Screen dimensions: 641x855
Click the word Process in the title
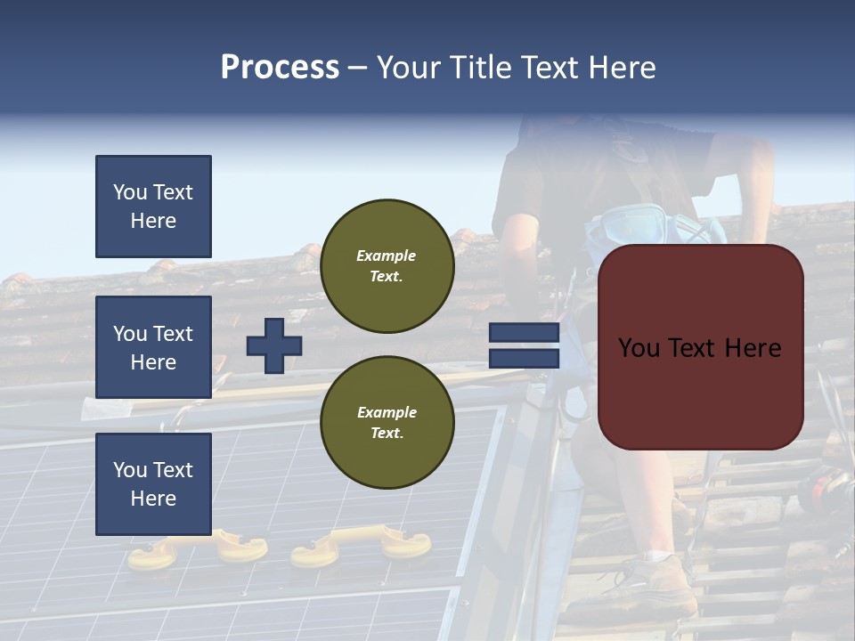280,68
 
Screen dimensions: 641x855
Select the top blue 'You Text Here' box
153,207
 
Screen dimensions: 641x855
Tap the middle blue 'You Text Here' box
153,347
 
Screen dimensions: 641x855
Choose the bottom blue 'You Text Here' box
153,484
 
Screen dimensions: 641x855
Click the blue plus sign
274,345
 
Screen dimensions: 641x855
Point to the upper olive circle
387,266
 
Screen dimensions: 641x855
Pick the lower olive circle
387,423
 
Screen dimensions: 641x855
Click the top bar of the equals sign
525,333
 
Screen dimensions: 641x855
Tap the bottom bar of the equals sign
525,359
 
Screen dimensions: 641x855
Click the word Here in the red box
753,348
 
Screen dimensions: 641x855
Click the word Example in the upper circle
387,256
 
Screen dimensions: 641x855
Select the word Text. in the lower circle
387,434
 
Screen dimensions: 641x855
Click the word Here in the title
621,68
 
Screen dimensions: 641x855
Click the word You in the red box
639,348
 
